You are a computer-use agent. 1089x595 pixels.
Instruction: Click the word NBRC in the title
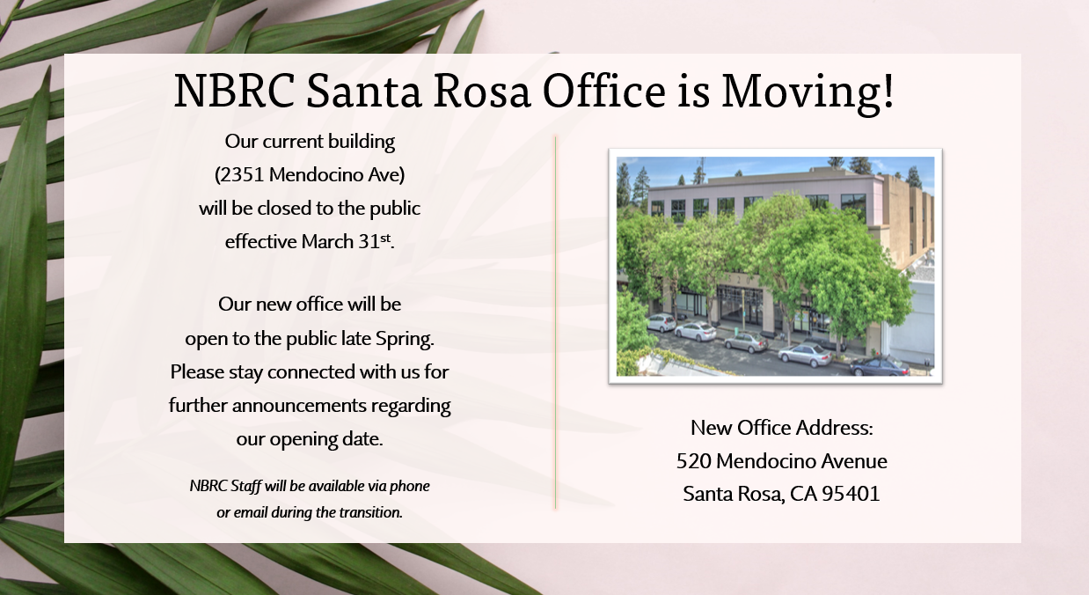(x=234, y=91)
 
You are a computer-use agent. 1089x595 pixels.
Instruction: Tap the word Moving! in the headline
(x=808, y=92)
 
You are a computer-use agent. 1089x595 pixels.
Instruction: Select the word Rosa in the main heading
(x=481, y=91)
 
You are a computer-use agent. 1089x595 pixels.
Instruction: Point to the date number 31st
(x=375, y=241)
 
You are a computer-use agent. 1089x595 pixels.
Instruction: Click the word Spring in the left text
(x=403, y=339)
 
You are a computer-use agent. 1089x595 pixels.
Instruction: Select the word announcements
(x=299, y=405)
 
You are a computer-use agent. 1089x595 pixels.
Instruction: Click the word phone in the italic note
(x=409, y=486)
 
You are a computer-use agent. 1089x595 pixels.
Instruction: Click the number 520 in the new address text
(x=693, y=461)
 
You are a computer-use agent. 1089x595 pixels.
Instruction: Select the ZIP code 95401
(x=851, y=494)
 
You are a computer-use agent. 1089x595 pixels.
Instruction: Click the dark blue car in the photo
(x=880, y=365)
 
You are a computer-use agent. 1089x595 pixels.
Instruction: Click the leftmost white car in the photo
(x=661, y=321)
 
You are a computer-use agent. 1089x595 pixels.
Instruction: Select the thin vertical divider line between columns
(x=555, y=322)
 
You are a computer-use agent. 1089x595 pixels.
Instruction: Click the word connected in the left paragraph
(x=311, y=371)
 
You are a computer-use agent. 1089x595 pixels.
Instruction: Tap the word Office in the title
(x=603, y=91)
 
